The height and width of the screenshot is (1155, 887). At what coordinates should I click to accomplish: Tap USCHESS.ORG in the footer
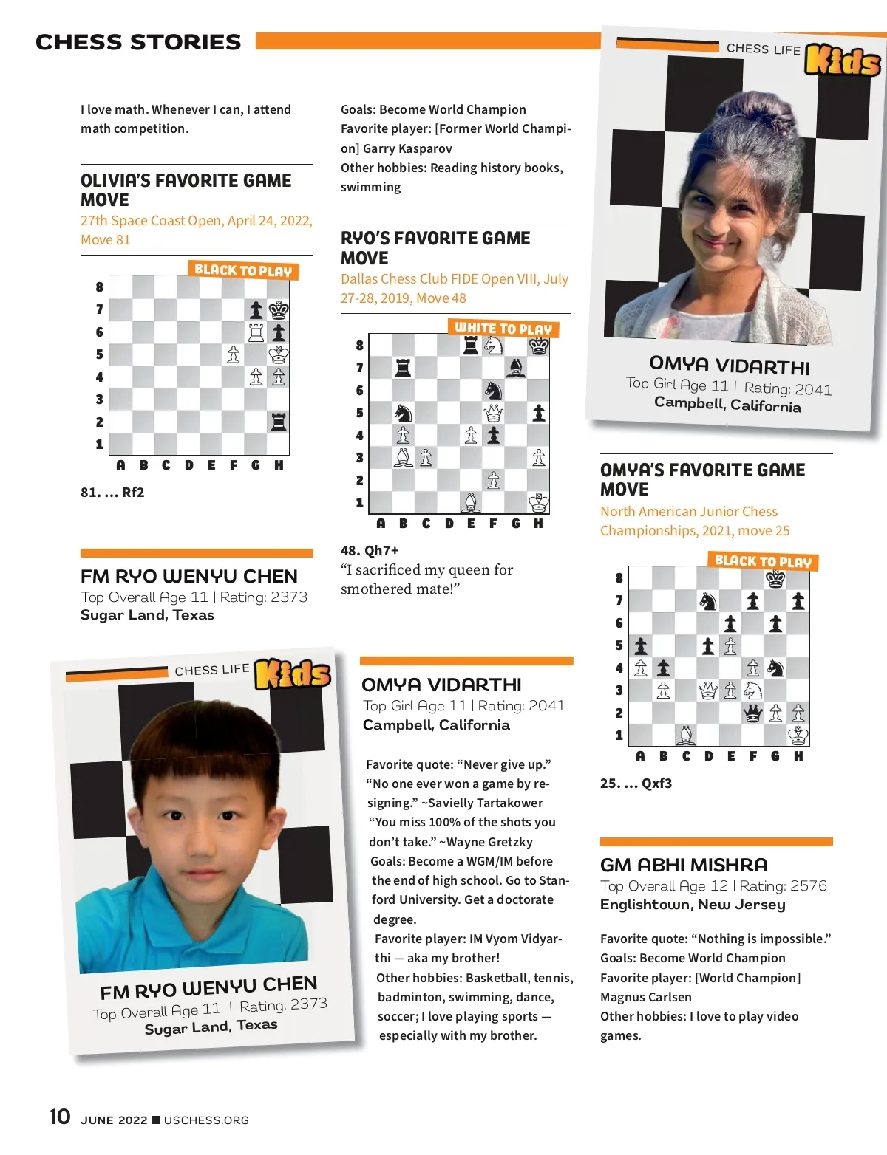(206, 1120)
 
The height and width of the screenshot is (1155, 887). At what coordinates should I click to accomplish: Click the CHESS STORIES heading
(138, 42)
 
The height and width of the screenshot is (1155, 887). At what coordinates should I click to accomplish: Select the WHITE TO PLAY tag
(503, 328)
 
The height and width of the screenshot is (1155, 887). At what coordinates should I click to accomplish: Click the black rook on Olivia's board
(279, 422)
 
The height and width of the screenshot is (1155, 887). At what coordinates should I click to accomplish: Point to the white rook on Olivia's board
(256, 332)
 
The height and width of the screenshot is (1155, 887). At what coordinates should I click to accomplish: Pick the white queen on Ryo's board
(493, 412)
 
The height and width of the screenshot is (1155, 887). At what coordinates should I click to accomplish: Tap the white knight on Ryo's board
(493, 345)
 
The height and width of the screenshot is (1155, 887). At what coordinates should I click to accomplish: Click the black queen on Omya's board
(752, 713)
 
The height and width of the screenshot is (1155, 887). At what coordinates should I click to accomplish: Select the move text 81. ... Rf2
(112, 492)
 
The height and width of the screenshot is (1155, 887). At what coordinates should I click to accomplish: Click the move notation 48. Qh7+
(370, 550)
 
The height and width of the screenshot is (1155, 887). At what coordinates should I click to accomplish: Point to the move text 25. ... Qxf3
(636, 783)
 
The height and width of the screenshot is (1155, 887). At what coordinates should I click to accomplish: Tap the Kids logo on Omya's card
(843, 61)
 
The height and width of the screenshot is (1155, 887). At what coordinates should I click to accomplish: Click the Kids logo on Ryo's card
(293, 674)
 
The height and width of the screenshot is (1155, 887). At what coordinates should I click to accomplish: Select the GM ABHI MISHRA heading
(684, 865)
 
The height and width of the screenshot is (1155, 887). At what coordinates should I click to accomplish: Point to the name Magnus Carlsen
(646, 997)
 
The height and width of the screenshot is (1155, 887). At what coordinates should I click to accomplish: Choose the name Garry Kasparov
(407, 148)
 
